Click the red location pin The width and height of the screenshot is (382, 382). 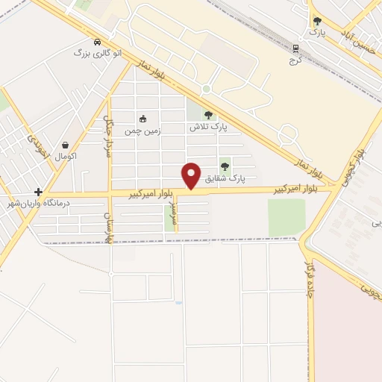(x=192, y=175)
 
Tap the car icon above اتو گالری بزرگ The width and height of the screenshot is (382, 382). (x=98, y=42)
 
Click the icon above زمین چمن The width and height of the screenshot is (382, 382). (x=143, y=118)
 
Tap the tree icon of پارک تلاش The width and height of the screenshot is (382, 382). (x=207, y=115)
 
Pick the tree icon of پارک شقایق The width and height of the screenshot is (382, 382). (x=225, y=166)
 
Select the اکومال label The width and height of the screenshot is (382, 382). (x=66, y=157)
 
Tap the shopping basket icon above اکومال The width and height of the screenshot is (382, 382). (x=66, y=145)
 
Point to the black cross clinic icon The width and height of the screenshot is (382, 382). (x=37, y=192)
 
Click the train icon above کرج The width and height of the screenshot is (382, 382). (x=296, y=48)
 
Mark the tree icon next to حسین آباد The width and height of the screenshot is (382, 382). (x=317, y=22)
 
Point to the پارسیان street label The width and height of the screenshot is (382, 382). (x=107, y=227)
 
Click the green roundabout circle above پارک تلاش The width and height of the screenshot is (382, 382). (x=205, y=90)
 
